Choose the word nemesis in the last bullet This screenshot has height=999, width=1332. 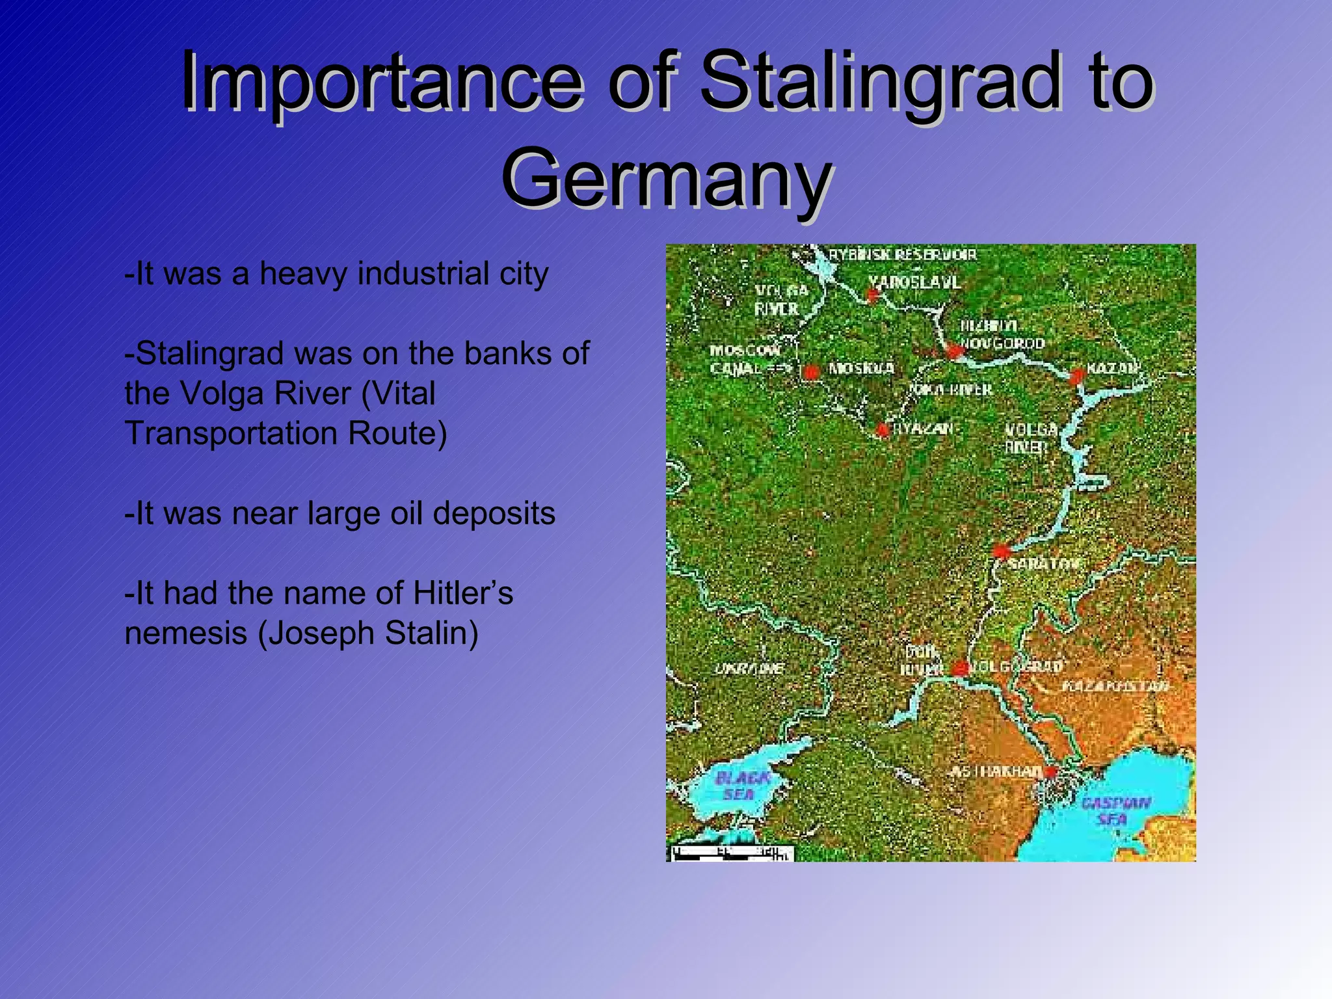point(185,633)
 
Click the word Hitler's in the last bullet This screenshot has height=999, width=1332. point(463,593)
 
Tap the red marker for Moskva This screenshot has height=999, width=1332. point(810,371)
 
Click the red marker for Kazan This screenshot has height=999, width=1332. point(1076,375)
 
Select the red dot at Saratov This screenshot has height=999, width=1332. point(1001,552)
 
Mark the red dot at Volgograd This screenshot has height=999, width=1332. point(959,668)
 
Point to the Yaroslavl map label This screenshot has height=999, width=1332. point(914,282)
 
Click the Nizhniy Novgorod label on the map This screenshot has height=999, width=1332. point(1002,334)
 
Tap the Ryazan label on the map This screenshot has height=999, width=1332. point(922,429)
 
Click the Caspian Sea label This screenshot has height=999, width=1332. point(1115,810)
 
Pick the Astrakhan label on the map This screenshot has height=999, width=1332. point(995,772)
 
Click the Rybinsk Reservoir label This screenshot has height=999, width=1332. point(903,254)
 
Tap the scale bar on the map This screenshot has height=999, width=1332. point(732,854)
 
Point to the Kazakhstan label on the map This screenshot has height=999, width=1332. point(1115,686)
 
